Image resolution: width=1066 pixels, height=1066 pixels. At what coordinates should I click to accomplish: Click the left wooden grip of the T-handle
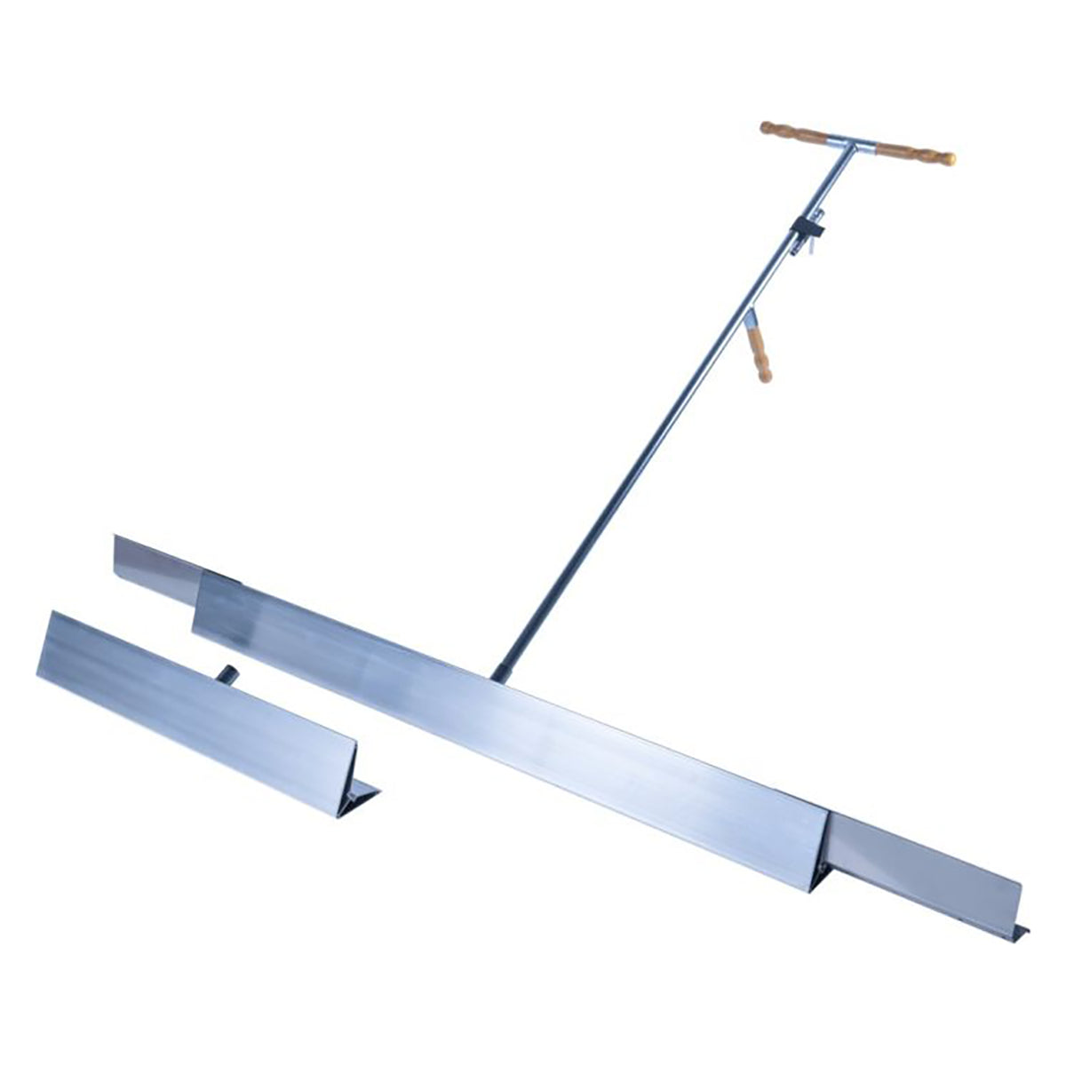(795, 134)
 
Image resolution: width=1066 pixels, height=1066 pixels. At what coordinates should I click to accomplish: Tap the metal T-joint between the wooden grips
(852, 142)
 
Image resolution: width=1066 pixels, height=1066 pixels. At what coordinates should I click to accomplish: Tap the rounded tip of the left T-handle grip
(765, 128)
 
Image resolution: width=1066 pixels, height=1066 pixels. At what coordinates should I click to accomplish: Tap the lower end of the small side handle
(765, 378)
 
